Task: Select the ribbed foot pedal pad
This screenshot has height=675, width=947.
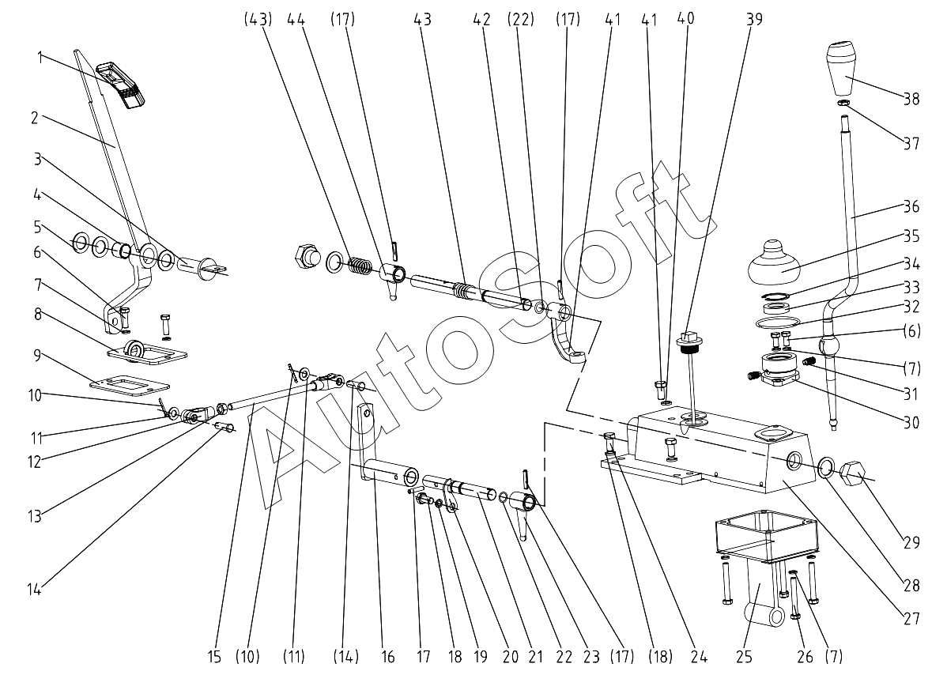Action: [x=120, y=83]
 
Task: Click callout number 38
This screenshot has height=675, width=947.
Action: [x=911, y=99]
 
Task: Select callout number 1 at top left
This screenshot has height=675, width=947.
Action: [x=40, y=58]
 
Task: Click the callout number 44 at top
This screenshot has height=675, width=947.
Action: [x=296, y=19]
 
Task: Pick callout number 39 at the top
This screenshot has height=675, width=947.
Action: [x=755, y=19]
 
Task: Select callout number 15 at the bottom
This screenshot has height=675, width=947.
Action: [x=214, y=656]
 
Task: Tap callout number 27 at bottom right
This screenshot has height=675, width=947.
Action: [x=911, y=618]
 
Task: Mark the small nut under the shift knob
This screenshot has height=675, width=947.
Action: [x=843, y=104]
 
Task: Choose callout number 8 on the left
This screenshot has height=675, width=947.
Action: [x=37, y=314]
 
